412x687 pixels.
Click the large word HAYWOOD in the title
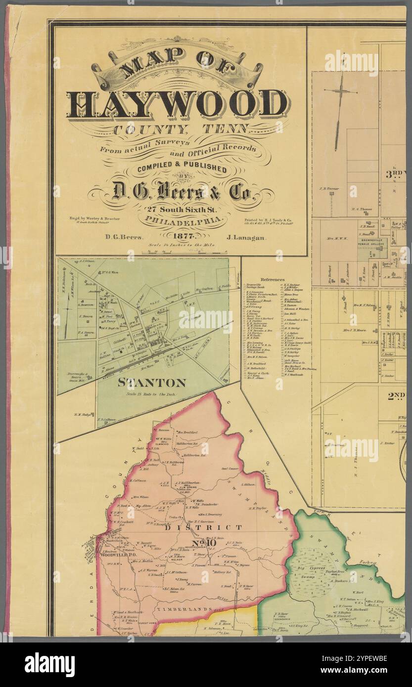(x=178, y=105)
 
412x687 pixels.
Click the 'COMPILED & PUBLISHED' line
(x=179, y=169)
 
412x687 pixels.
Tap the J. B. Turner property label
(x=329, y=188)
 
